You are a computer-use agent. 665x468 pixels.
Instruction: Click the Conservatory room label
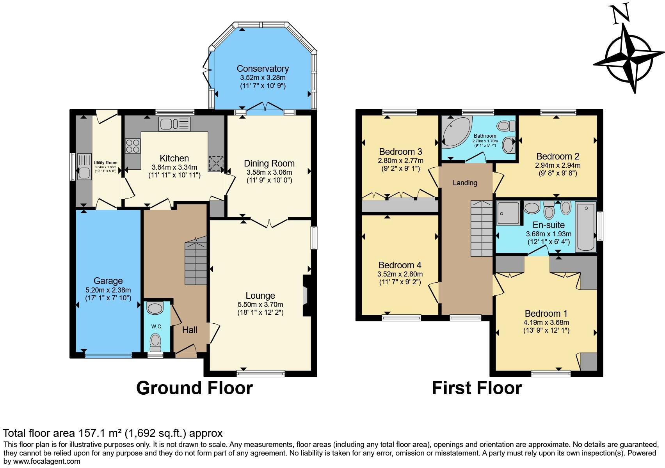pyautogui.click(x=263, y=69)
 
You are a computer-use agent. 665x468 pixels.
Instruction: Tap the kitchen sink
pyautogui.click(x=174, y=124)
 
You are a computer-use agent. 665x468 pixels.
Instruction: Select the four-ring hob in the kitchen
pyautogui.click(x=133, y=146)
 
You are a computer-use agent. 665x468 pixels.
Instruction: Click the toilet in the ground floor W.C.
pyautogui.click(x=155, y=342)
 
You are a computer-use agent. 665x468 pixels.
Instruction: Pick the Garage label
pyautogui.click(x=108, y=281)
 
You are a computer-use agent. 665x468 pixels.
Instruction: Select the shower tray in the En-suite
pyautogui.click(x=508, y=213)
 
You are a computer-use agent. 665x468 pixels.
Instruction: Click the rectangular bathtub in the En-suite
pyautogui.click(x=586, y=227)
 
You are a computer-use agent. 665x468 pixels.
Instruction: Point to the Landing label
pyautogui.click(x=465, y=183)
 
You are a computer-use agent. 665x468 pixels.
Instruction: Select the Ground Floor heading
pyautogui.click(x=194, y=388)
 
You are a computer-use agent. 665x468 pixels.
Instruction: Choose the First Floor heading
pyautogui.click(x=477, y=388)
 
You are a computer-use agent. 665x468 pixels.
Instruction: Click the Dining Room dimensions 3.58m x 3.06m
pyautogui.click(x=269, y=172)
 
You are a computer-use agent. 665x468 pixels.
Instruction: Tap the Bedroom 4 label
pyautogui.click(x=400, y=265)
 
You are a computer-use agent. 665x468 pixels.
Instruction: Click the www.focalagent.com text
pyautogui.click(x=46, y=461)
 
